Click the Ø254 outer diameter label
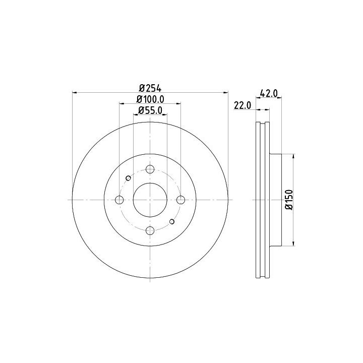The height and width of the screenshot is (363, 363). [x=150, y=88]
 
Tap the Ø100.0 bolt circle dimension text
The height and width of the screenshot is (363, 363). [x=150, y=99]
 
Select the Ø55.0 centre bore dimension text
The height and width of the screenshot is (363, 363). [x=150, y=110]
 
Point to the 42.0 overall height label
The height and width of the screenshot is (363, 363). [x=269, y=93]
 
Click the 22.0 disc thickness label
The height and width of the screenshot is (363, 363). [x=243, y=105]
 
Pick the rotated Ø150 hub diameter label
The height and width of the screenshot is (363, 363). [x=289, y=200]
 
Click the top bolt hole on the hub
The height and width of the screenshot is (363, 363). [x=150, y=169]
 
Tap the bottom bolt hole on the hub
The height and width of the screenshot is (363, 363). [x=150, y=230]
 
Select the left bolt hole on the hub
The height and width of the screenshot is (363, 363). [x=119, y=200]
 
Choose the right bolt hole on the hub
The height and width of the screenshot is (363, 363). [x=180, y=200]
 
